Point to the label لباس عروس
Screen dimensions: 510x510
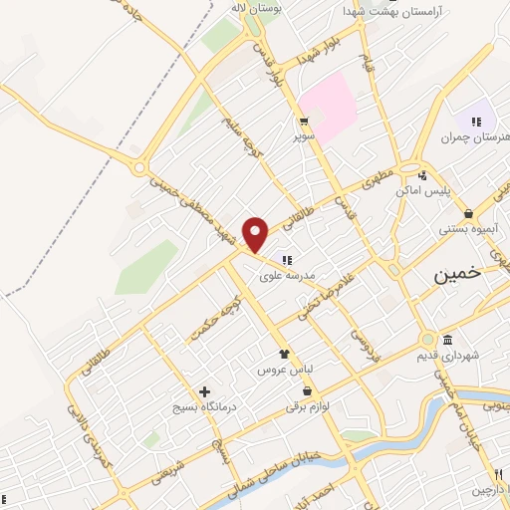pyautogui.click(x=287, y=369)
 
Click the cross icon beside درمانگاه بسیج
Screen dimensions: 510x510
pyautogui.click(x=205, y=391)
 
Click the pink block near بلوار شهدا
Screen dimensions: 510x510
pyautogui.click(x=329, y=104)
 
